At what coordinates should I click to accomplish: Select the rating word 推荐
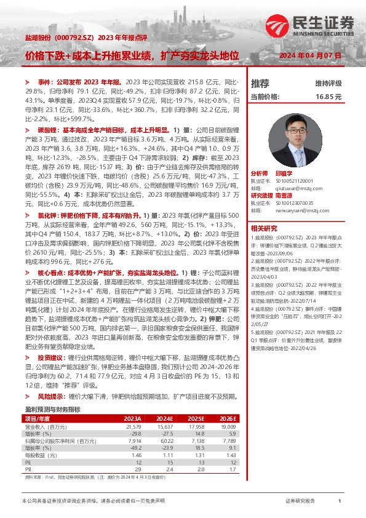260,83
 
